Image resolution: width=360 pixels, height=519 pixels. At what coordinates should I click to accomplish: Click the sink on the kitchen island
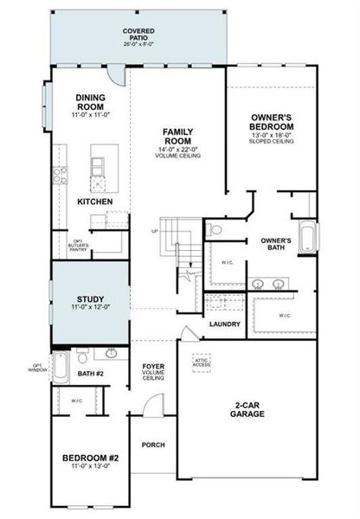98,163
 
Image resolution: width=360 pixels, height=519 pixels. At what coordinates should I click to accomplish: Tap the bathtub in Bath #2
60,367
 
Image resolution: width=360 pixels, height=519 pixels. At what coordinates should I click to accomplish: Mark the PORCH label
153,445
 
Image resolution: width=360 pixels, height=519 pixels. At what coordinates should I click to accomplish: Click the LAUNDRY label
225,324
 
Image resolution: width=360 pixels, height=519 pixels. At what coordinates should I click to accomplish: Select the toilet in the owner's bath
216,229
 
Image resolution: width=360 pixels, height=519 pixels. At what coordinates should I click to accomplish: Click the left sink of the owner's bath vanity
258,284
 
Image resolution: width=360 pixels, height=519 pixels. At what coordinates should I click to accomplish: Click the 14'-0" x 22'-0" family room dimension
177,151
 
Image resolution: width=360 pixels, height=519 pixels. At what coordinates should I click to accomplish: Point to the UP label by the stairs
155,231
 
